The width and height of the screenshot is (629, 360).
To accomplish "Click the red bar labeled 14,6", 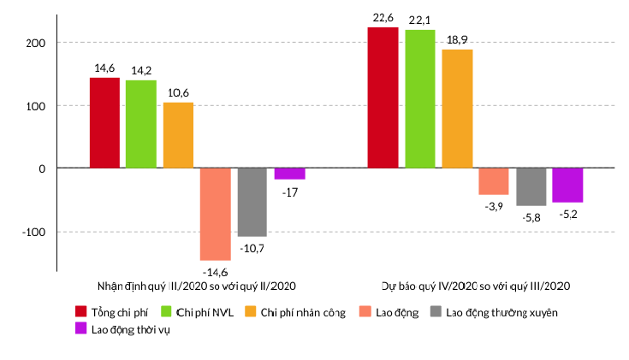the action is tap(104, 122).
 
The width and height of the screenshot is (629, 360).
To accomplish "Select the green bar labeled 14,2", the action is tap(141, 124).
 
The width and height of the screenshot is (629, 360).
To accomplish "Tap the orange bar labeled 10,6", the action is tap(178, 135).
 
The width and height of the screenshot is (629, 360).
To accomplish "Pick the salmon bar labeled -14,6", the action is tap(216, 214).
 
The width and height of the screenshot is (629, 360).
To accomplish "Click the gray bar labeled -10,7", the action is tap(252, 202).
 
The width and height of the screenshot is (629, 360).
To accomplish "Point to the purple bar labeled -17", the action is tap(289, 174).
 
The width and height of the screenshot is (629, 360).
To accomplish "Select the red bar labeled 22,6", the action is tap(383, 97).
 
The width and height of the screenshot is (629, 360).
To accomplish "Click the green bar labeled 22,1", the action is tap(420, 99).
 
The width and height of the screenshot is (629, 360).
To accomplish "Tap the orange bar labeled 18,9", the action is tap(457, 109).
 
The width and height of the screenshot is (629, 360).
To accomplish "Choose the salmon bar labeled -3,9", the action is tap(494, 181).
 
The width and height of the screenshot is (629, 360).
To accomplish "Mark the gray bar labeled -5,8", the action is tap(531, 186).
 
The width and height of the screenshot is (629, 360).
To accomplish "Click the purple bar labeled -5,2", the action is tap(567, 186).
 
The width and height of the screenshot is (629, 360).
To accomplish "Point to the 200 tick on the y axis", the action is tap(36, 43).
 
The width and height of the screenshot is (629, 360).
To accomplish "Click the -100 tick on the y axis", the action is tap(33, 232).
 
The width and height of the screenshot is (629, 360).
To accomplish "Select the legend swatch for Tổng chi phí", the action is tap(81, 311).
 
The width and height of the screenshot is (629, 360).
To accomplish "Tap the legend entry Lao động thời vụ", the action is tap(122, 329).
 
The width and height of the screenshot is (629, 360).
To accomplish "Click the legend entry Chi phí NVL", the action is tap(198, 312).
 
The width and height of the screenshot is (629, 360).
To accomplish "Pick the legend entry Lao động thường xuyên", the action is tap(495, 312).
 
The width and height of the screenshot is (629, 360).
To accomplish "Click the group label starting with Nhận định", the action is tap(197, 286).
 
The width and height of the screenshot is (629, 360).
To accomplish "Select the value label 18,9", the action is tap(457, 40).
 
